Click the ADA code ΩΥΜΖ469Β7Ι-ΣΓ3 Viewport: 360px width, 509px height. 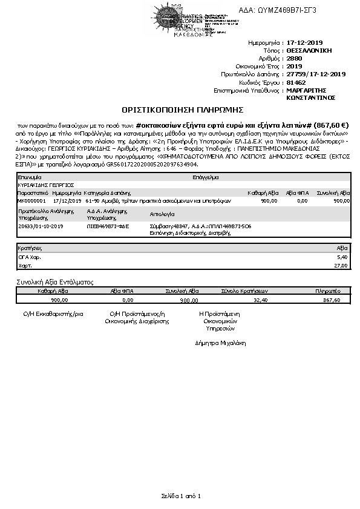coord(295,10)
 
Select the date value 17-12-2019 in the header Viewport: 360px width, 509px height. coord(306,43)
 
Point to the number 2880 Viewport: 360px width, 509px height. coord(294,59)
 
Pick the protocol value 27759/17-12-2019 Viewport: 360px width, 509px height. coord(315,74)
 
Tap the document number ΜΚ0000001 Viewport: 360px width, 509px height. coord(31,200)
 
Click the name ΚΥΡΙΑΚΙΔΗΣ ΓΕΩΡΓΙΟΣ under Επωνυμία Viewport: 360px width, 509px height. coord(45,185)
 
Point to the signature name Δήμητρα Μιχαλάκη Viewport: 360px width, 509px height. coord(221,343)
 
